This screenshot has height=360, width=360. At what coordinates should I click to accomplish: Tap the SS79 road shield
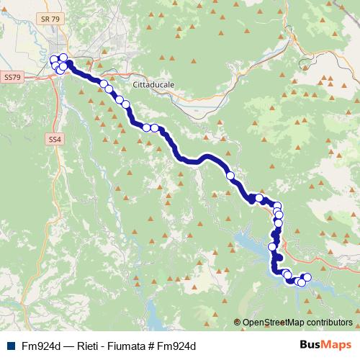click(14, 76)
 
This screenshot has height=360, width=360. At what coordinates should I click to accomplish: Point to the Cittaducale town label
click(154, 84)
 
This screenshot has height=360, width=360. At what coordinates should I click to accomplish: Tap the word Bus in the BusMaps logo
click(312, 345)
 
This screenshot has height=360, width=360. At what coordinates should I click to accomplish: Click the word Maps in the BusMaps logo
click(338, 345)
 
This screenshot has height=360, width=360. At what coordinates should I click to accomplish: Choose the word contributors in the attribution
click(330, 323)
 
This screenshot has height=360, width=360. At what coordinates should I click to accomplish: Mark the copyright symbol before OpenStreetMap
click(238, 323)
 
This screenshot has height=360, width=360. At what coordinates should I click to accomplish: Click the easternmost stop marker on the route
click(307, 278)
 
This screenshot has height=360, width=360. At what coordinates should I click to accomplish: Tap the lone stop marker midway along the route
click(230, 175)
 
